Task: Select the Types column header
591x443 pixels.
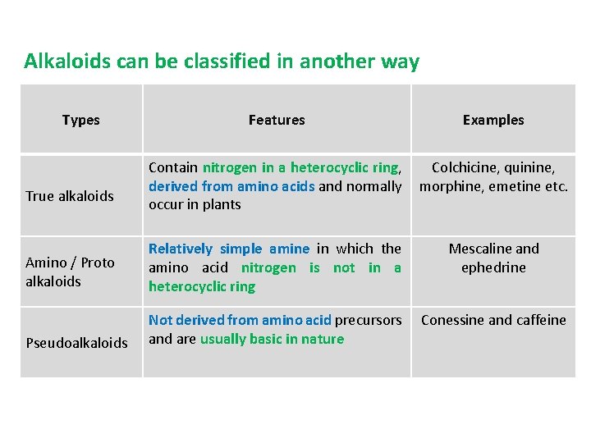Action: coord(80,120)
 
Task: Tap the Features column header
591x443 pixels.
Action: coord(277,120)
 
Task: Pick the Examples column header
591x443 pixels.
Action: coord(493,120)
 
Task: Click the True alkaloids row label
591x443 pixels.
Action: coord(70,196)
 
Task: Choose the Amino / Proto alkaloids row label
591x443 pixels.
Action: coord(70,272)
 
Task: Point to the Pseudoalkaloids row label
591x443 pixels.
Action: coord(76,342)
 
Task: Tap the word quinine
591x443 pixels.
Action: coord(530,167)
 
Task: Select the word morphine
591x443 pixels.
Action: coord(448,186)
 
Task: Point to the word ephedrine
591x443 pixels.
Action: coord(493,267)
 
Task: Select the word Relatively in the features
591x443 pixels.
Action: coord(181,249)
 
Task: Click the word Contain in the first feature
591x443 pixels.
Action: coord(173,167)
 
